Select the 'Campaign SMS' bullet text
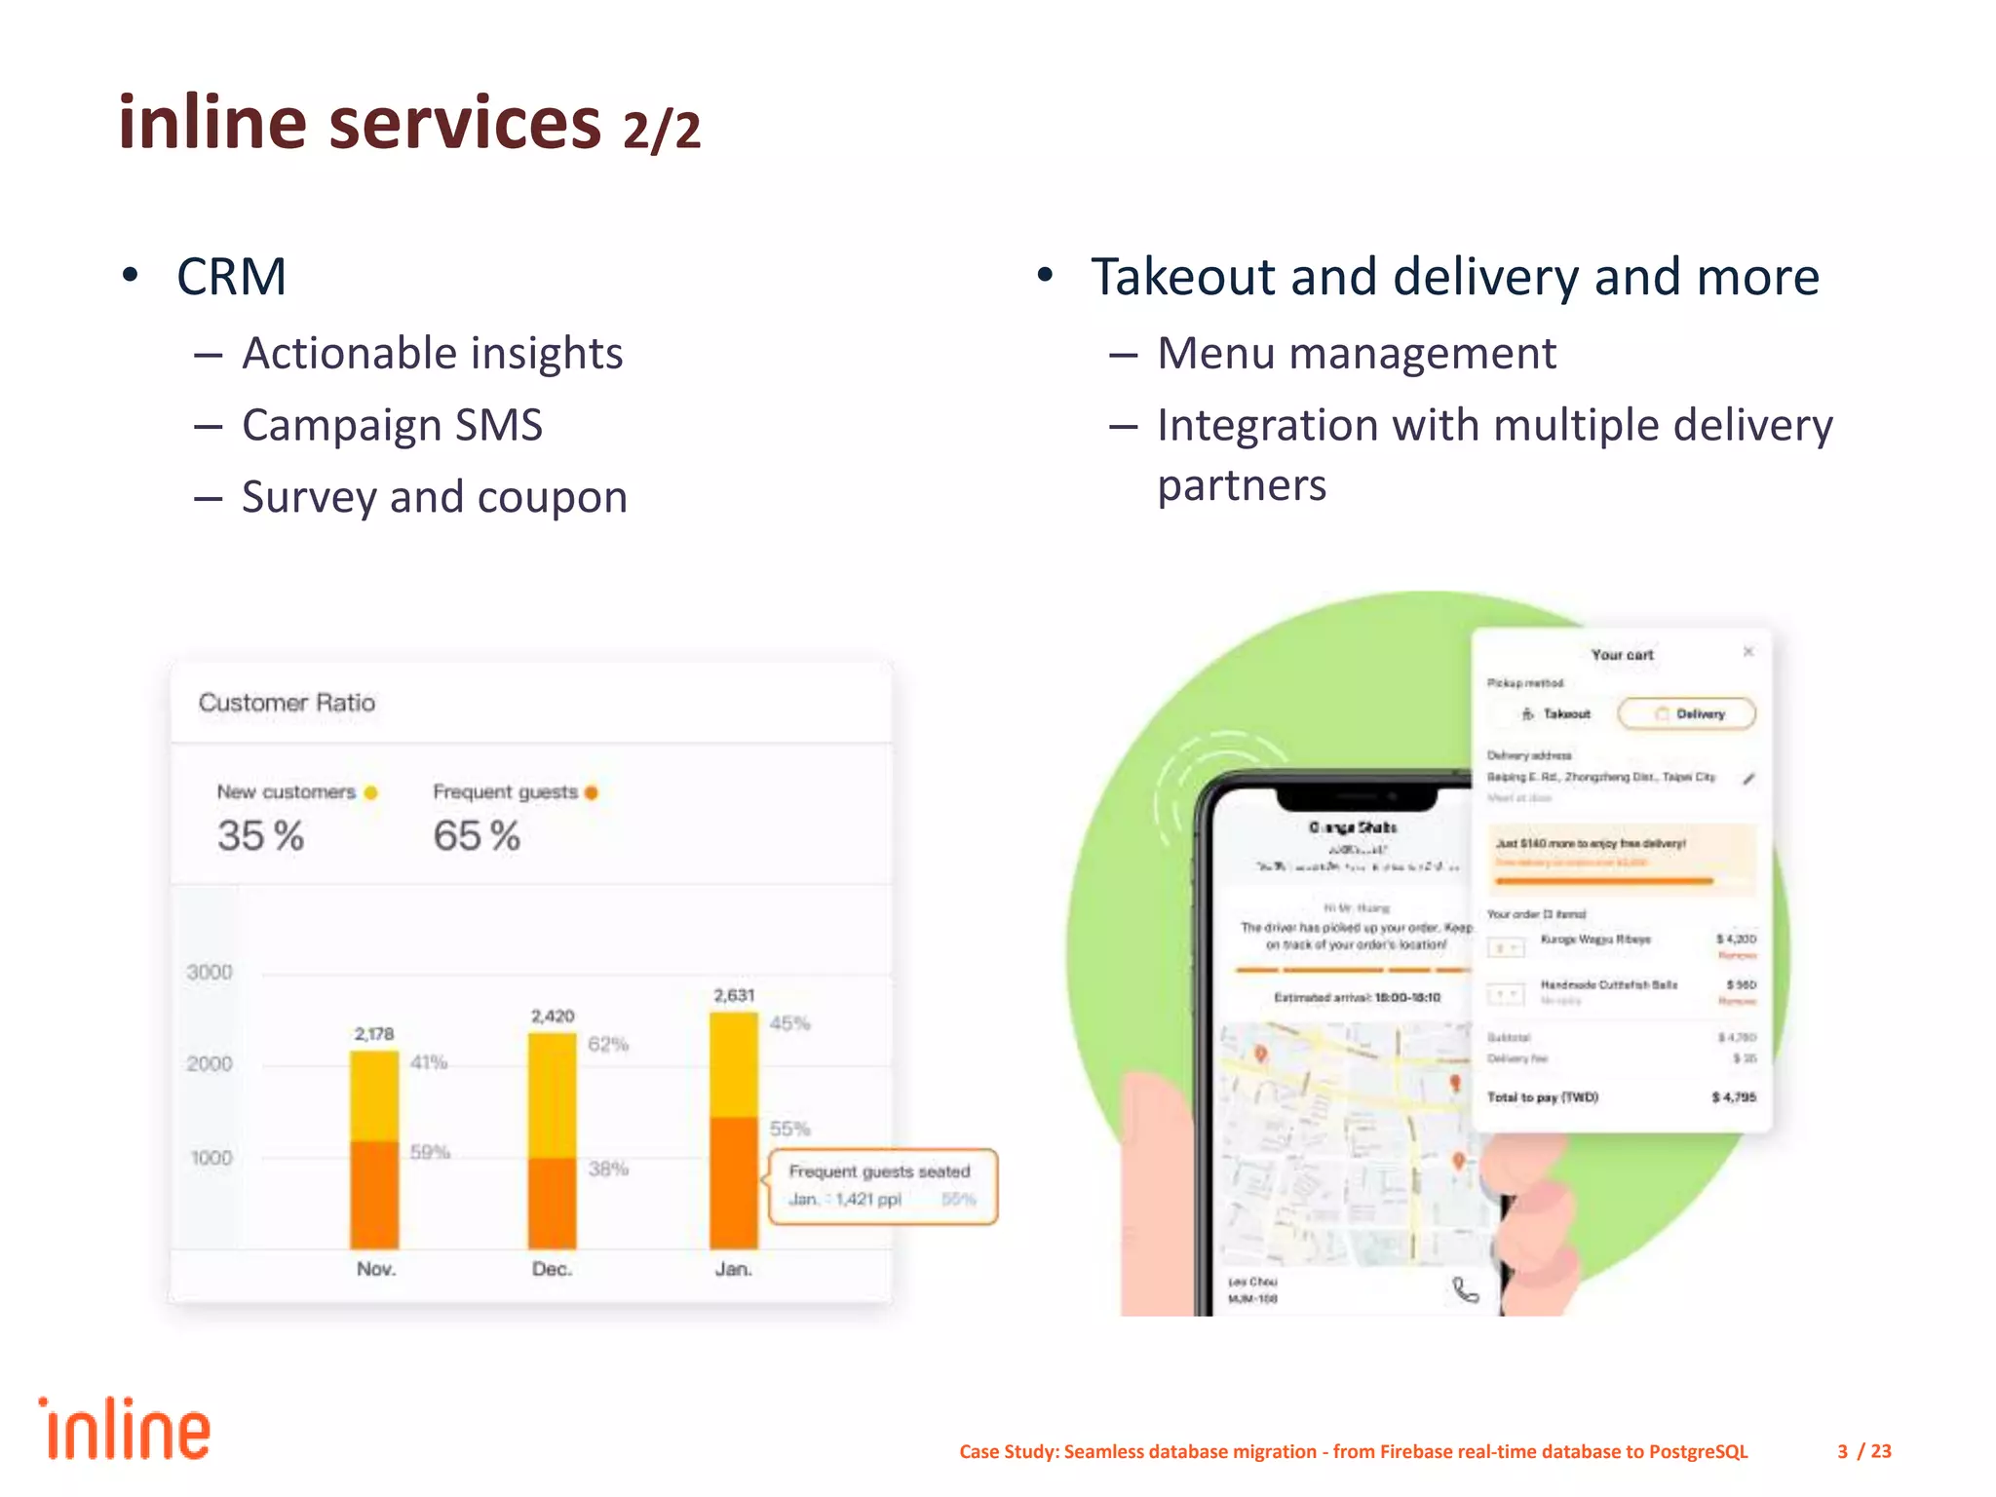[392, 426]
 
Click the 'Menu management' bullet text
[1356, 354]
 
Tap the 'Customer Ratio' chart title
[287, 703]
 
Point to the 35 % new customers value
[260, 836]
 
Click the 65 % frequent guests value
[477, 836]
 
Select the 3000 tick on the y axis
[210, 972]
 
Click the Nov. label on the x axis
[375, 1269]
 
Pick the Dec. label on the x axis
[552, 1269]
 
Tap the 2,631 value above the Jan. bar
[734, 995]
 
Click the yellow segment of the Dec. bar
[552, 1094]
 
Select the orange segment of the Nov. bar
[374, 1194]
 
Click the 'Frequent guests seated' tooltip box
[882, 1186]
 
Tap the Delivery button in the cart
[1687, 713]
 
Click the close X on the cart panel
[1748, 651]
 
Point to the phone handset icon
[1465, 1290]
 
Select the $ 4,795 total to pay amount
[1734, 1097]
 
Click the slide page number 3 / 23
[1863, 1451]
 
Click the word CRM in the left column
[232, 277]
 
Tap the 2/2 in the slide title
[662, 131]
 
